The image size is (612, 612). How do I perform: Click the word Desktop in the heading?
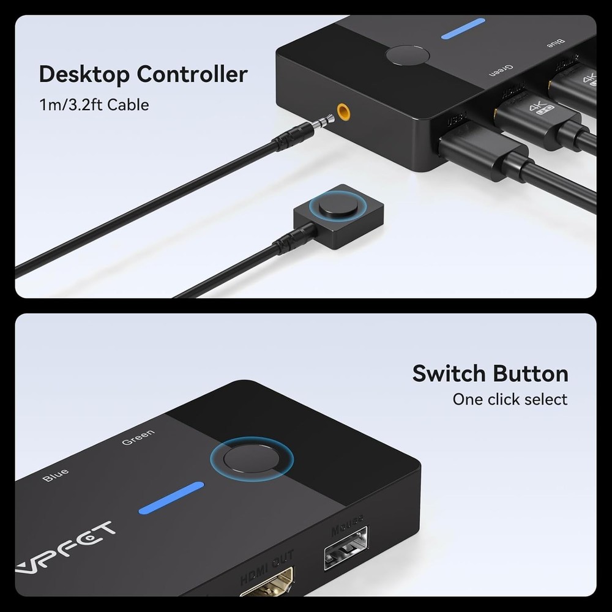click(x=84, y=75)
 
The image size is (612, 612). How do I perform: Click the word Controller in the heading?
click(x=192, y=75)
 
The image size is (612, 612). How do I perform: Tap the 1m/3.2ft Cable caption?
click(x=94, y=105)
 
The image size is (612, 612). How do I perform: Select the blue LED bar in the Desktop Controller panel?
click(x=463, y=29)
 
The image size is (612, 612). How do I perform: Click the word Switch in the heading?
click(x=450, y=373)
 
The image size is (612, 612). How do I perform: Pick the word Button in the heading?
click(x=531, y=373)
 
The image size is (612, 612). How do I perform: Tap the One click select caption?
click(x=510, y=400)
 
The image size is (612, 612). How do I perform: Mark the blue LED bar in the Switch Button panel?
click(x=171, y=498)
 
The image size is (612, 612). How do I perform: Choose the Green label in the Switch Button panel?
click(x=138, y=438)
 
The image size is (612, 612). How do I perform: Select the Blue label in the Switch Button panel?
click(x=56, y=475)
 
